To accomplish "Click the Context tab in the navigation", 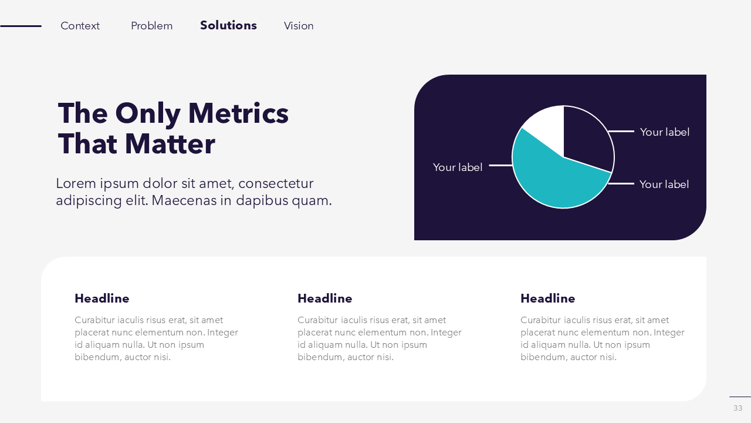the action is coord(80,26).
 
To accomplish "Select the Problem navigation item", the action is coord(151,26).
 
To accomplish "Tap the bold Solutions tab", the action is coord(228,25).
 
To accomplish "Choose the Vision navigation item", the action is coord(299,26).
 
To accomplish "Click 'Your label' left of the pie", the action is coord(457,167).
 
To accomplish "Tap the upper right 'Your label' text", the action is coord(665,132).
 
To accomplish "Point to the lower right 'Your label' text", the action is coord(664,184).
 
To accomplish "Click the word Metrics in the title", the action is coord(238,113).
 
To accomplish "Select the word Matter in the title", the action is coord(170,144).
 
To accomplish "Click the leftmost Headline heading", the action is coord(102,298).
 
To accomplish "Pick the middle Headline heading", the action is coord(325,298).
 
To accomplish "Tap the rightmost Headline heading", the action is coord(548,298).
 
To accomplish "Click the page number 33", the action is coord(738,408).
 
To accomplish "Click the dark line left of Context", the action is coord(21,26).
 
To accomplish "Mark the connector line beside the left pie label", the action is coord(501,165).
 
